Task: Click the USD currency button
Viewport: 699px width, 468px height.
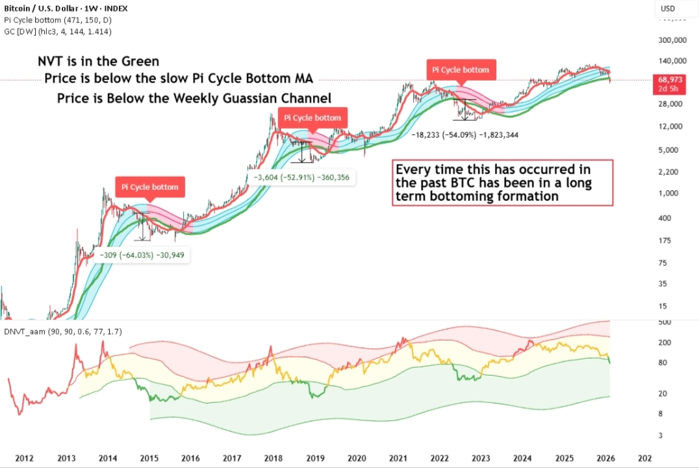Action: (668, 8)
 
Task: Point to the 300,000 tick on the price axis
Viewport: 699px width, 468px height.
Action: (672, 40)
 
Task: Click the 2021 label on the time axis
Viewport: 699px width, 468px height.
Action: (398, 458)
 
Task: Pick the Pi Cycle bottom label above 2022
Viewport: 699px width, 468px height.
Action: (460, 70)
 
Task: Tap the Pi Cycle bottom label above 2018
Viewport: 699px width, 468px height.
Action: (313, 118)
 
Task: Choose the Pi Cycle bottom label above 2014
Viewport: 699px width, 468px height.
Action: (150, 187)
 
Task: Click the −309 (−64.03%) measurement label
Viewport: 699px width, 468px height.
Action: (142, 255)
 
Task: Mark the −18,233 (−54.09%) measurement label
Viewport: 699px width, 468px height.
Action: (464, 135)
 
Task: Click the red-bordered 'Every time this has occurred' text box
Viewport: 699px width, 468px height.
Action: (502, 183)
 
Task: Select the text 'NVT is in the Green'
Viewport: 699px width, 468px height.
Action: (98, 62)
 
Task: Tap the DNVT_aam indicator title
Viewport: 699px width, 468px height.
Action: (62, 331)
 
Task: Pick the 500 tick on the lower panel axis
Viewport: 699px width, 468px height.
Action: (664, 322)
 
